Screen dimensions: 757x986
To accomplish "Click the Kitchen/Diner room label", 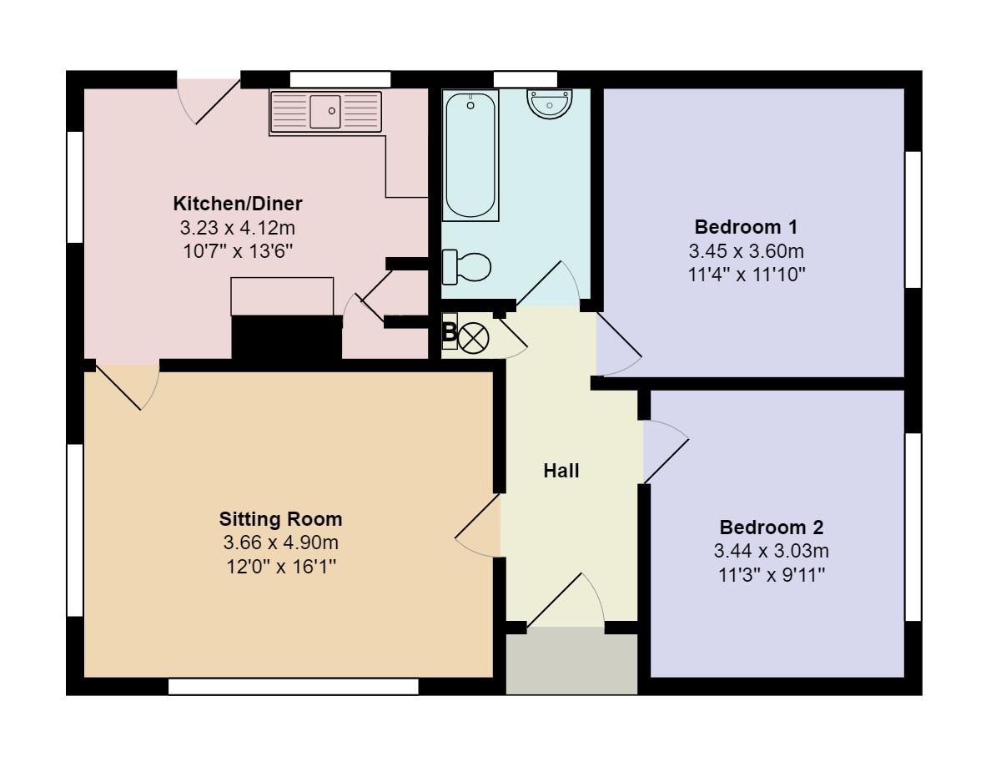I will [238, 204].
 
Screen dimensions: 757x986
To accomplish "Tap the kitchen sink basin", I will [325, 111].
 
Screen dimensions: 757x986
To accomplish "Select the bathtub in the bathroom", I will [471, 156].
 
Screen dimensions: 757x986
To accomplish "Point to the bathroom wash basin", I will [550, 103].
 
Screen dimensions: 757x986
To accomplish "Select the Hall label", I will [561, 471].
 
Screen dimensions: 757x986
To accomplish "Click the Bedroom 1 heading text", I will [746, 227].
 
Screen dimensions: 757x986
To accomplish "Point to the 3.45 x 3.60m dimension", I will [746, 250].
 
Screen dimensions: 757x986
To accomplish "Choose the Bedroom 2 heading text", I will [772, 527].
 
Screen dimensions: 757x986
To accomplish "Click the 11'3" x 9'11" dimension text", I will [772, 574].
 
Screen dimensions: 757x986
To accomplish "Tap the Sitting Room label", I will [281, 519].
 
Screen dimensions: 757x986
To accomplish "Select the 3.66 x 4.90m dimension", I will [281, 543].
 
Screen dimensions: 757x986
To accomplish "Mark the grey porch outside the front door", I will [572, 663].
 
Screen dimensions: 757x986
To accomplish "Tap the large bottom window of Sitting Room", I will [293, 686].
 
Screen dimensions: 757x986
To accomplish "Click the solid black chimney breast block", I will [286, 338].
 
